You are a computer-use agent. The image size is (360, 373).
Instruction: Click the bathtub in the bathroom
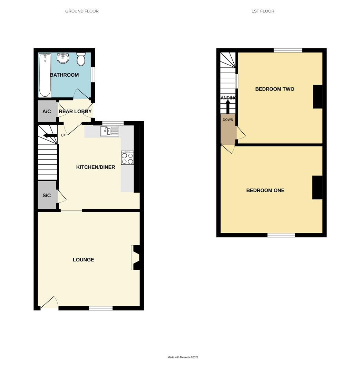[x=45, y=75]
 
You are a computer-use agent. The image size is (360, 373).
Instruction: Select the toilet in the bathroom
[x=81, y=59]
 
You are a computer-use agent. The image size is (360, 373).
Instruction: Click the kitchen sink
[x=109, y=131]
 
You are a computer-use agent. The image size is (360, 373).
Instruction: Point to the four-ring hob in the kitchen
[x=127, y=158]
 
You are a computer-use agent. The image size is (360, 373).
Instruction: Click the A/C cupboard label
[x=47, y=112]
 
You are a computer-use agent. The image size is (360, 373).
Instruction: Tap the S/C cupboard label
[x=47, y=195]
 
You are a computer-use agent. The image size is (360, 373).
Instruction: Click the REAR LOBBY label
[x=75, y=112]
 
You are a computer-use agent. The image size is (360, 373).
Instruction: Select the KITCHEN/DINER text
[x=96, y=167]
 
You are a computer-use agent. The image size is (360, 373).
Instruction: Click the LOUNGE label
[x=83, y=260]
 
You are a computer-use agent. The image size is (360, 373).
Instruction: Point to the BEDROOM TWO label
[x=275, y=89]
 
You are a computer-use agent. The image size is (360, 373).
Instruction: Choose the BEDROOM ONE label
[x=265, y=190]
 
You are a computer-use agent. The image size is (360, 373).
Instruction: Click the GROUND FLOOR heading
[x=82, y=11]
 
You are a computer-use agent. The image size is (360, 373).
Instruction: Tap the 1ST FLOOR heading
[x=263, y=11]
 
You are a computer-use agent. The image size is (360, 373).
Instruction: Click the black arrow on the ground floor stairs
[x=50, y=135]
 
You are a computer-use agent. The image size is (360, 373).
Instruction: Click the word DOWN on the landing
[x=228, y=120]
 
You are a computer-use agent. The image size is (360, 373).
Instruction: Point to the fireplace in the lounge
[x=136, y=257]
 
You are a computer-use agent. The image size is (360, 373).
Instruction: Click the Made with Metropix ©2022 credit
[x=183, y=357]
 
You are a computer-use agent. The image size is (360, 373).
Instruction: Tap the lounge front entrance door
[x=49, y=303]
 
